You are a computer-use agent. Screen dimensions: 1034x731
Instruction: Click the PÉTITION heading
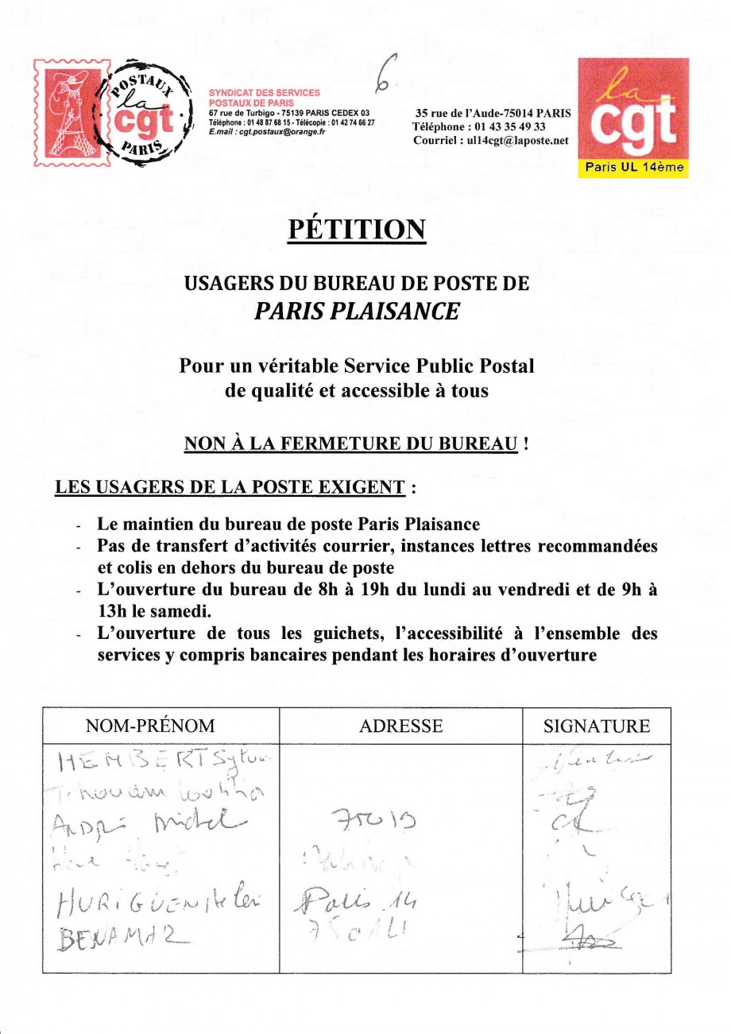(x=357, y=230)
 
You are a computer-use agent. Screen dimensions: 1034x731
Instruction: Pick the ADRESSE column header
(x=401, y=726)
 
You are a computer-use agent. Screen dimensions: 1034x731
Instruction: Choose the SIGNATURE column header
(x=596, y=726)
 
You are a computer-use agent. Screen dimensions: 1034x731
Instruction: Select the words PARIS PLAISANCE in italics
(x=357, y=312)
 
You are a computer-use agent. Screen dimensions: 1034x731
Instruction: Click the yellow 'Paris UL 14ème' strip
(x=633, y=168)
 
